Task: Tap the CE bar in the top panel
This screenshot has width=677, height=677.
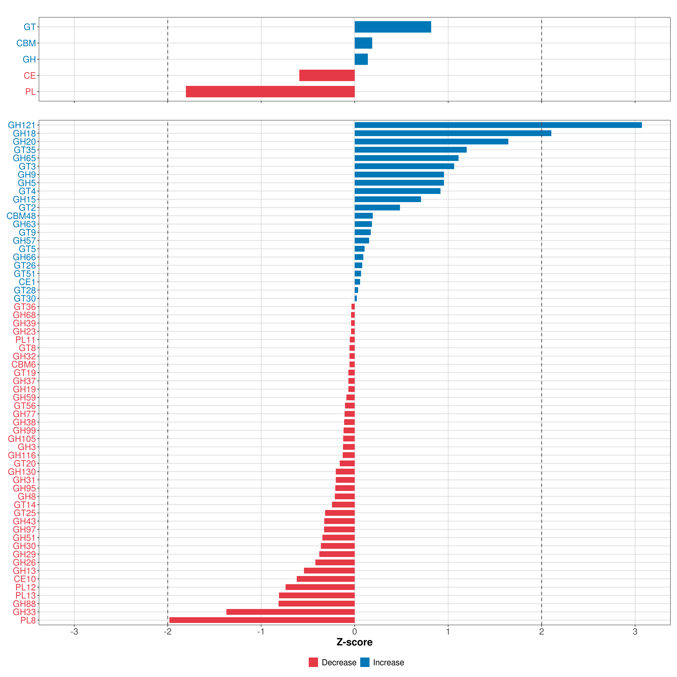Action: point(327,75)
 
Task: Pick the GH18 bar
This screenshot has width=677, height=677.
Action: point(453,133)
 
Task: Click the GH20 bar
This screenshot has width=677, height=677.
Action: point(431,142)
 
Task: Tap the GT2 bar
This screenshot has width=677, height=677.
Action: point(377,207)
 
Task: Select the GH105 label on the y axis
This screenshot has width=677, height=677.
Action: point(22,439)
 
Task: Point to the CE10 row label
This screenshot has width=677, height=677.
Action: point(25,579)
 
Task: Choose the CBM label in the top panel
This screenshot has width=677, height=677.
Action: point(26,43)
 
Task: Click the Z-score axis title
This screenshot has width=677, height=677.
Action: point(354,642)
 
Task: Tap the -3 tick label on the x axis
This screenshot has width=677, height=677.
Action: point(74,632)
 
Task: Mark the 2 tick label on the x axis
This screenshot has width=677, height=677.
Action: point(541,632)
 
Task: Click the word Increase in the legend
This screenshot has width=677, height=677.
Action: point(388,662)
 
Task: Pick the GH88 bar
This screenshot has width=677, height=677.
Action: point(316,603)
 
